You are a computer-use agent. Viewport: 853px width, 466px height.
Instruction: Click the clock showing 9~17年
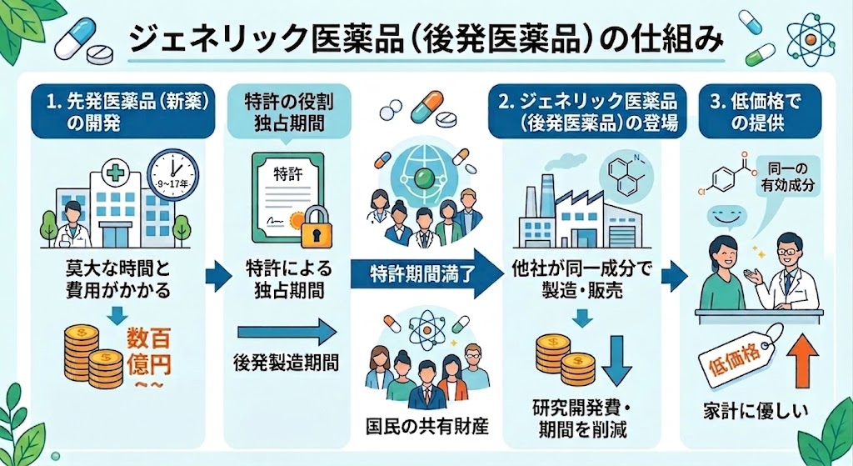pyautogui.click(x=173, y=176)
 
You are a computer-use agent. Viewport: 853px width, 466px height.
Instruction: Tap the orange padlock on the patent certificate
pyautogui.click(x=316, y=227)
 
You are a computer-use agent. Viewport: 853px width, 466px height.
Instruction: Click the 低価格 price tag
pyautogui.click(x=740, y=355)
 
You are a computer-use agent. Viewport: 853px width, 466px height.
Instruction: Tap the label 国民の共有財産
pyautogui.click(x=427, y=426)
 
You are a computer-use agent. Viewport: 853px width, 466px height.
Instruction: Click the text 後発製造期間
pyautogui.click(x=287, y=362)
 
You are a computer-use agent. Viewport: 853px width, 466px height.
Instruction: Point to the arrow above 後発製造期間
pyautogui.click(x=287, y=332)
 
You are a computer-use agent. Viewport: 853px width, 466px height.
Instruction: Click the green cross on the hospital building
pyautogui.click(x=115, y=173)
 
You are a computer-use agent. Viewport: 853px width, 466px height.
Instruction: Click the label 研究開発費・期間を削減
pyautogui.click(x=582, y=418)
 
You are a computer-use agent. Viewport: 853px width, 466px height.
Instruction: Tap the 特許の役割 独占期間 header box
pyautogui.click(x=287, y=113)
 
